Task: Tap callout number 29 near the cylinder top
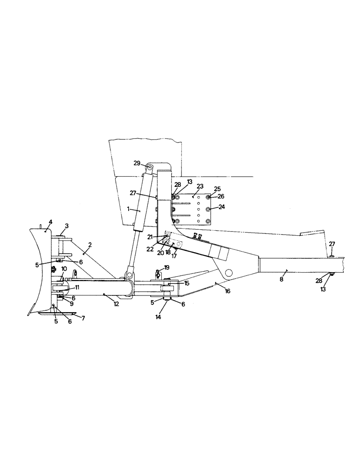pyautogui.click(x=137, y=163)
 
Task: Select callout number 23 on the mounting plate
pyautogui.click(x=201, y=186)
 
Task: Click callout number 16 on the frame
pyautogui.click(x=228, y=291)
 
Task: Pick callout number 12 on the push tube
pyautogui.click(x=116, y=304)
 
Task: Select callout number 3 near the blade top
pyautogui.click(x=67, y=226)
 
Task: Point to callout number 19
pyautogui.click(x=167, y=267)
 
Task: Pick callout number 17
pyautogui.click(x=173, y=255)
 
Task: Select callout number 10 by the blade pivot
pyautogui.click(x=64, y=281)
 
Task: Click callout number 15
pyautogui.click(x=187, y=283)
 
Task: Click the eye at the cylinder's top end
pyautogui.click(x=149, y=168)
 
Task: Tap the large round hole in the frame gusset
pyautogui.click(x=228, y=272)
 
